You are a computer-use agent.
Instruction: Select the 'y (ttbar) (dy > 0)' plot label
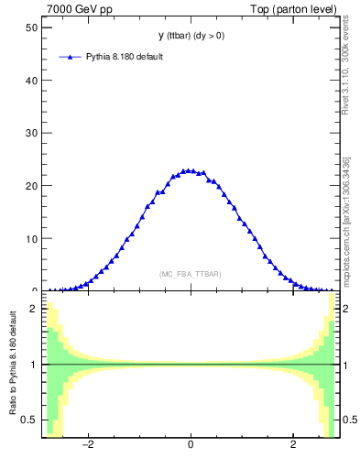coord(190,36)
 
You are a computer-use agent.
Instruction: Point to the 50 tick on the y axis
coord(30,27)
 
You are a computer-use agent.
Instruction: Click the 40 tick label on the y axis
coord(30,80)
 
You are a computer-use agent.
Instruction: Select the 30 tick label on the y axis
coord(30,133)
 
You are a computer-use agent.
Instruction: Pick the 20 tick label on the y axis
coord(30,186)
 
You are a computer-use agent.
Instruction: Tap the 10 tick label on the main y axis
coord(30,239)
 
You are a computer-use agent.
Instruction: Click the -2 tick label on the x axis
coord(88,446)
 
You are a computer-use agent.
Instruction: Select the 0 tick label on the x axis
coord(190,446)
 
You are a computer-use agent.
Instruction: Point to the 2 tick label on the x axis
coord(293,446)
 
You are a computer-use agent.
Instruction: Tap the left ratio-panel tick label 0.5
coord(31,420)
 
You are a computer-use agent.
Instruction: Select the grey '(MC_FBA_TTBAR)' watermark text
coord(190,274)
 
